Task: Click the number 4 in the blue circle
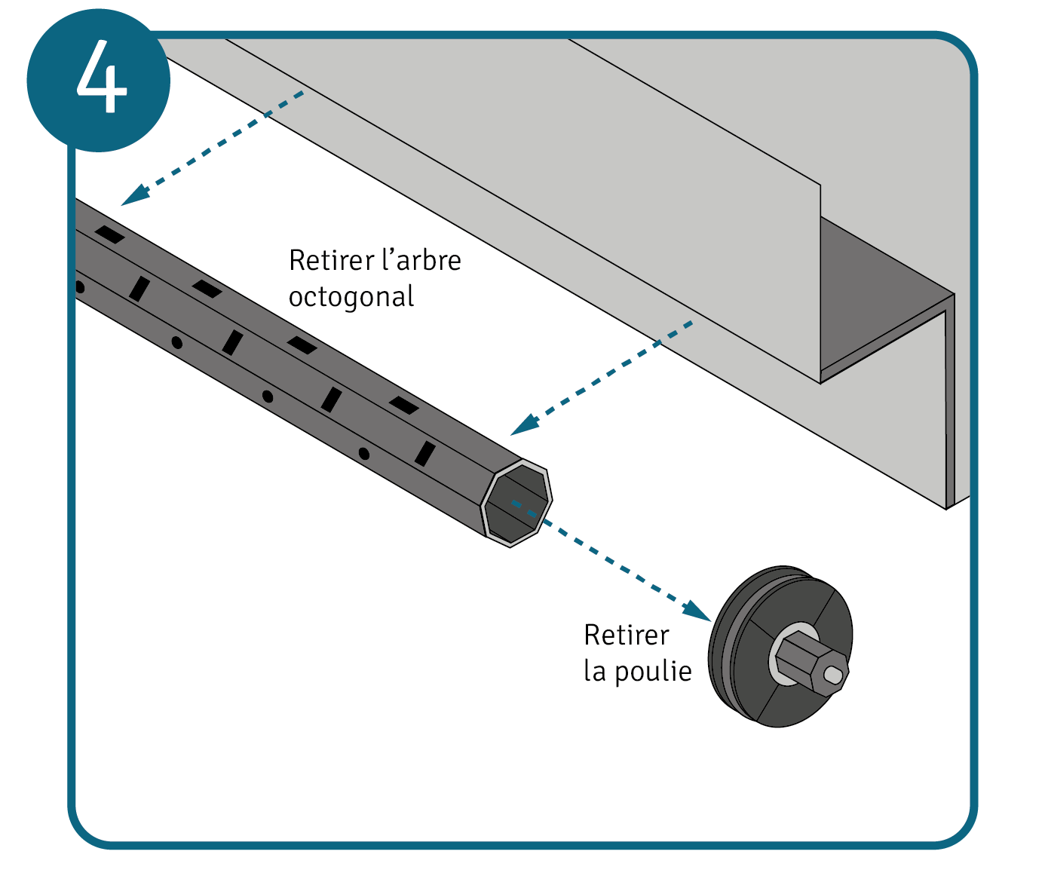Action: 102,78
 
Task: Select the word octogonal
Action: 351,297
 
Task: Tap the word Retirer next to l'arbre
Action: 331,261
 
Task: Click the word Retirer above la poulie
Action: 626,636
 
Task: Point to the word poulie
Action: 653,671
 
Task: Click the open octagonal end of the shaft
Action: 516,502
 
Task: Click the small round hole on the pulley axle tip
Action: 833,675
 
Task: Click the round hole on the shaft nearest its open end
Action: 363,453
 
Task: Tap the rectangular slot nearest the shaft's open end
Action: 425,453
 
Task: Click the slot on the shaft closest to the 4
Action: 109,234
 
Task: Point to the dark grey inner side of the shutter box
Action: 882,302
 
